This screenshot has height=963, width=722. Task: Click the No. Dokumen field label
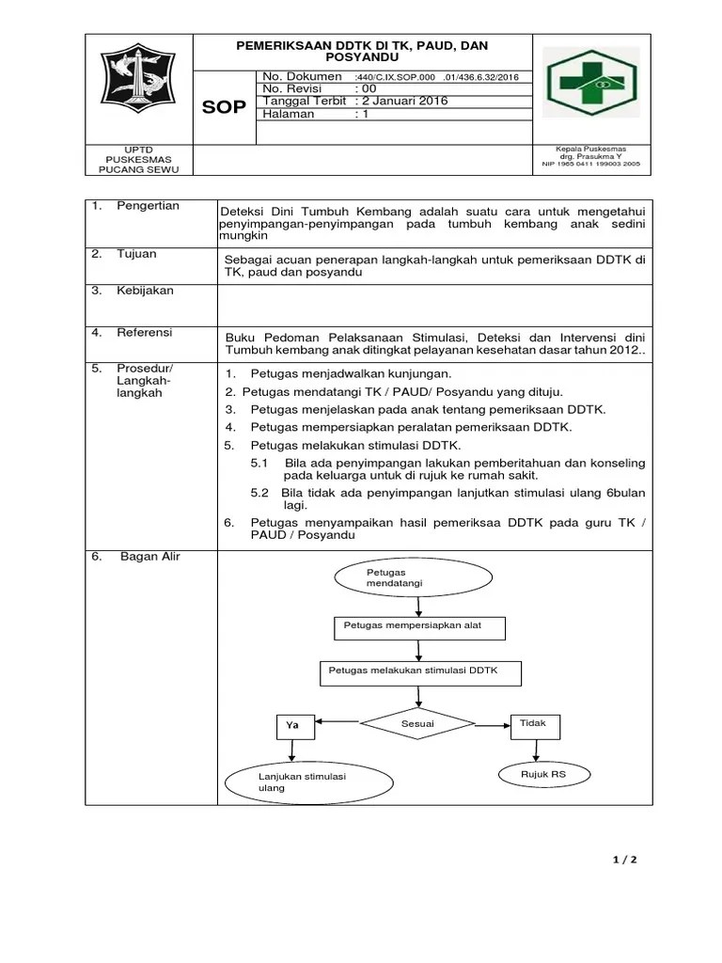pos(302,75)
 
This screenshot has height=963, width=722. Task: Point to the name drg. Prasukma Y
pos(591,156)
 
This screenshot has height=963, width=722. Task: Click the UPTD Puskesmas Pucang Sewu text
pos(139,160)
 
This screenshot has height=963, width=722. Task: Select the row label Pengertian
pos(148,206)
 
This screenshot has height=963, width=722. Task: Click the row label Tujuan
pos(137,254)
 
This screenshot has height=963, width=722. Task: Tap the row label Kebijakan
pos(145,291)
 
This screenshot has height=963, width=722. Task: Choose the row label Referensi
pos(144,333)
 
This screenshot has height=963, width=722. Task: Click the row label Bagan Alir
pos(149,557)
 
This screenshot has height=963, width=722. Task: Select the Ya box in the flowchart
pos(293,725)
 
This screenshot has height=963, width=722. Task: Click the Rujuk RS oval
pos(543,774)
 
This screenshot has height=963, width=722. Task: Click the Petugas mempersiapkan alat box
pos(419,627)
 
